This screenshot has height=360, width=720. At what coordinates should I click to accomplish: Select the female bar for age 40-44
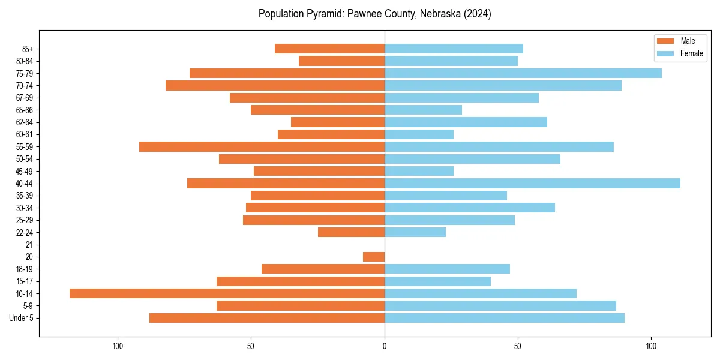click(x=532, y=183)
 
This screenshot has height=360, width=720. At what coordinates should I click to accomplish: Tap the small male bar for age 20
click(x=374, y=257)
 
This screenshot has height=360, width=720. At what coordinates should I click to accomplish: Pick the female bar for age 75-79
click(x=523, y=73)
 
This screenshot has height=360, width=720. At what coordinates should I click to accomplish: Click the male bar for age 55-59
click(x=262, y=146)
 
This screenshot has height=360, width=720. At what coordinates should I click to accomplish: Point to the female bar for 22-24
click(x=415, y=232)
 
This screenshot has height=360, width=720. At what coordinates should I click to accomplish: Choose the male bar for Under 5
click(x=267, y=318)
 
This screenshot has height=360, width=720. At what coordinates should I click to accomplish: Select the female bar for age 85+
click(x=454, y=49)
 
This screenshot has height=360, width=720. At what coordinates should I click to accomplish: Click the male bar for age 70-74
click(x=275, y=85)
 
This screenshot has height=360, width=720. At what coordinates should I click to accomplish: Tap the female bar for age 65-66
click(x=423, y=110)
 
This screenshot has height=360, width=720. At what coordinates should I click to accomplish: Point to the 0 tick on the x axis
click(x=385, y=346)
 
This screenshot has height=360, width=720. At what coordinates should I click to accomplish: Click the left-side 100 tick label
click(x=118, y=346)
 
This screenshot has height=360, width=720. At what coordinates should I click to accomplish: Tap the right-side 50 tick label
click(x=518, y=346)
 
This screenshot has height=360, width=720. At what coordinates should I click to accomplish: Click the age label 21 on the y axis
click(x=29, y=245)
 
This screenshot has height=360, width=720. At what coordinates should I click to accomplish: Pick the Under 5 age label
click(x=22, y=318)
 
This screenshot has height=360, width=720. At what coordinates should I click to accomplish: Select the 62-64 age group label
click(x=25, y=122)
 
